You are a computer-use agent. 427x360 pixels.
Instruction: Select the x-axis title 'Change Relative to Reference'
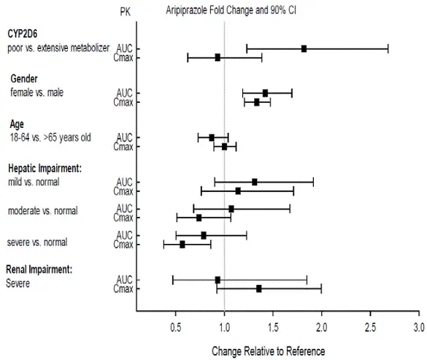click(268, 351)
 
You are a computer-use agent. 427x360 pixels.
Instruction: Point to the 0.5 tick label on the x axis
click(176, 327)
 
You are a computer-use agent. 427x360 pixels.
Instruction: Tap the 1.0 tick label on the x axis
click(224, 327)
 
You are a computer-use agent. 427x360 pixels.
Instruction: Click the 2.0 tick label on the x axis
click(321, 327)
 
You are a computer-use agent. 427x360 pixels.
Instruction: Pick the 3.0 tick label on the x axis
click(418, 327)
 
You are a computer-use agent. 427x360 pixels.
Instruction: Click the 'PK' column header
click(125, 14)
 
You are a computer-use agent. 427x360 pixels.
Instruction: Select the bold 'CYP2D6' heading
click(24, 34)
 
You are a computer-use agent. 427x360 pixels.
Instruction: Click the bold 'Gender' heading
click(24, 78)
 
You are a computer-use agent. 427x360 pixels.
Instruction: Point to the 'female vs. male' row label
click(36, 93)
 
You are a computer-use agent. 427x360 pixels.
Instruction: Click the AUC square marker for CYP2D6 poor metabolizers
click(304, 48)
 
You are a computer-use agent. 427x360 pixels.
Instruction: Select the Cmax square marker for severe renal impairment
click(259, 288)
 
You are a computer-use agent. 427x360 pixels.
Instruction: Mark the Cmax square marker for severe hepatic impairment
click(182, 244)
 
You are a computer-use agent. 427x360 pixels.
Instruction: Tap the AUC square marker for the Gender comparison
click(265, 93)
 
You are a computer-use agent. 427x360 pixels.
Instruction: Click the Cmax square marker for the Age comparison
click(224, 146)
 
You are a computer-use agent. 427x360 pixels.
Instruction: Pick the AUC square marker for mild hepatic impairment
click(255, 182)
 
